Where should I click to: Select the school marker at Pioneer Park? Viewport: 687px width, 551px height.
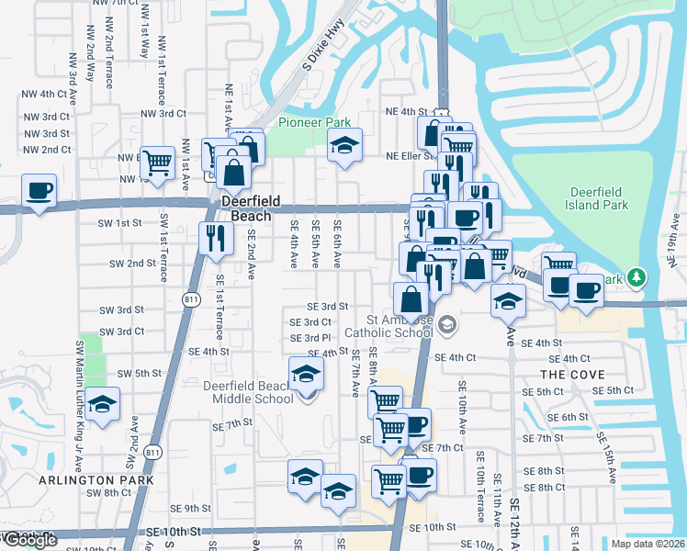click(345, 145)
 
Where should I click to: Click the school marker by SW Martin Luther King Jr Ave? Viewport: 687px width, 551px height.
click(103, 404)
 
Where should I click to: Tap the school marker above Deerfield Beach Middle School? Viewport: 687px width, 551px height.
click(306, 373)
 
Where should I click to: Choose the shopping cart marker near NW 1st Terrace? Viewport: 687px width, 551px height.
click(158, 163)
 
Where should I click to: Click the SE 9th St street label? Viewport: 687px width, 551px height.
click(191, 508)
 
